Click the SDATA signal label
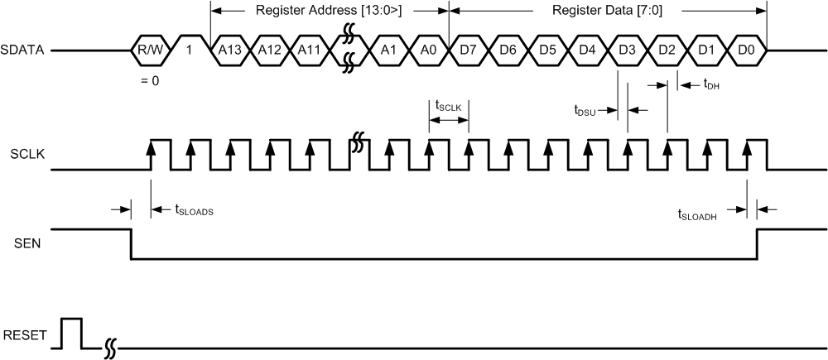tap(25, 50)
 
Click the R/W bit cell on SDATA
tap(151, 50)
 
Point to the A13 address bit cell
tap(229, 50)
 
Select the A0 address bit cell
tap(428, 50)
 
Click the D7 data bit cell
tap(469, 50)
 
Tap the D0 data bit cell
tap(746, 50)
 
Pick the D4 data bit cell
tap(587, 50)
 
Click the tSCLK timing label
tap(448, 105)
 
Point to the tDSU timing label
tap(587, 109)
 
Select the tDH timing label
tap(711, 84)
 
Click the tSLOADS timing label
tap(195, 211)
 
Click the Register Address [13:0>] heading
tap(330, 11)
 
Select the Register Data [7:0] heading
tap(606, 11)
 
